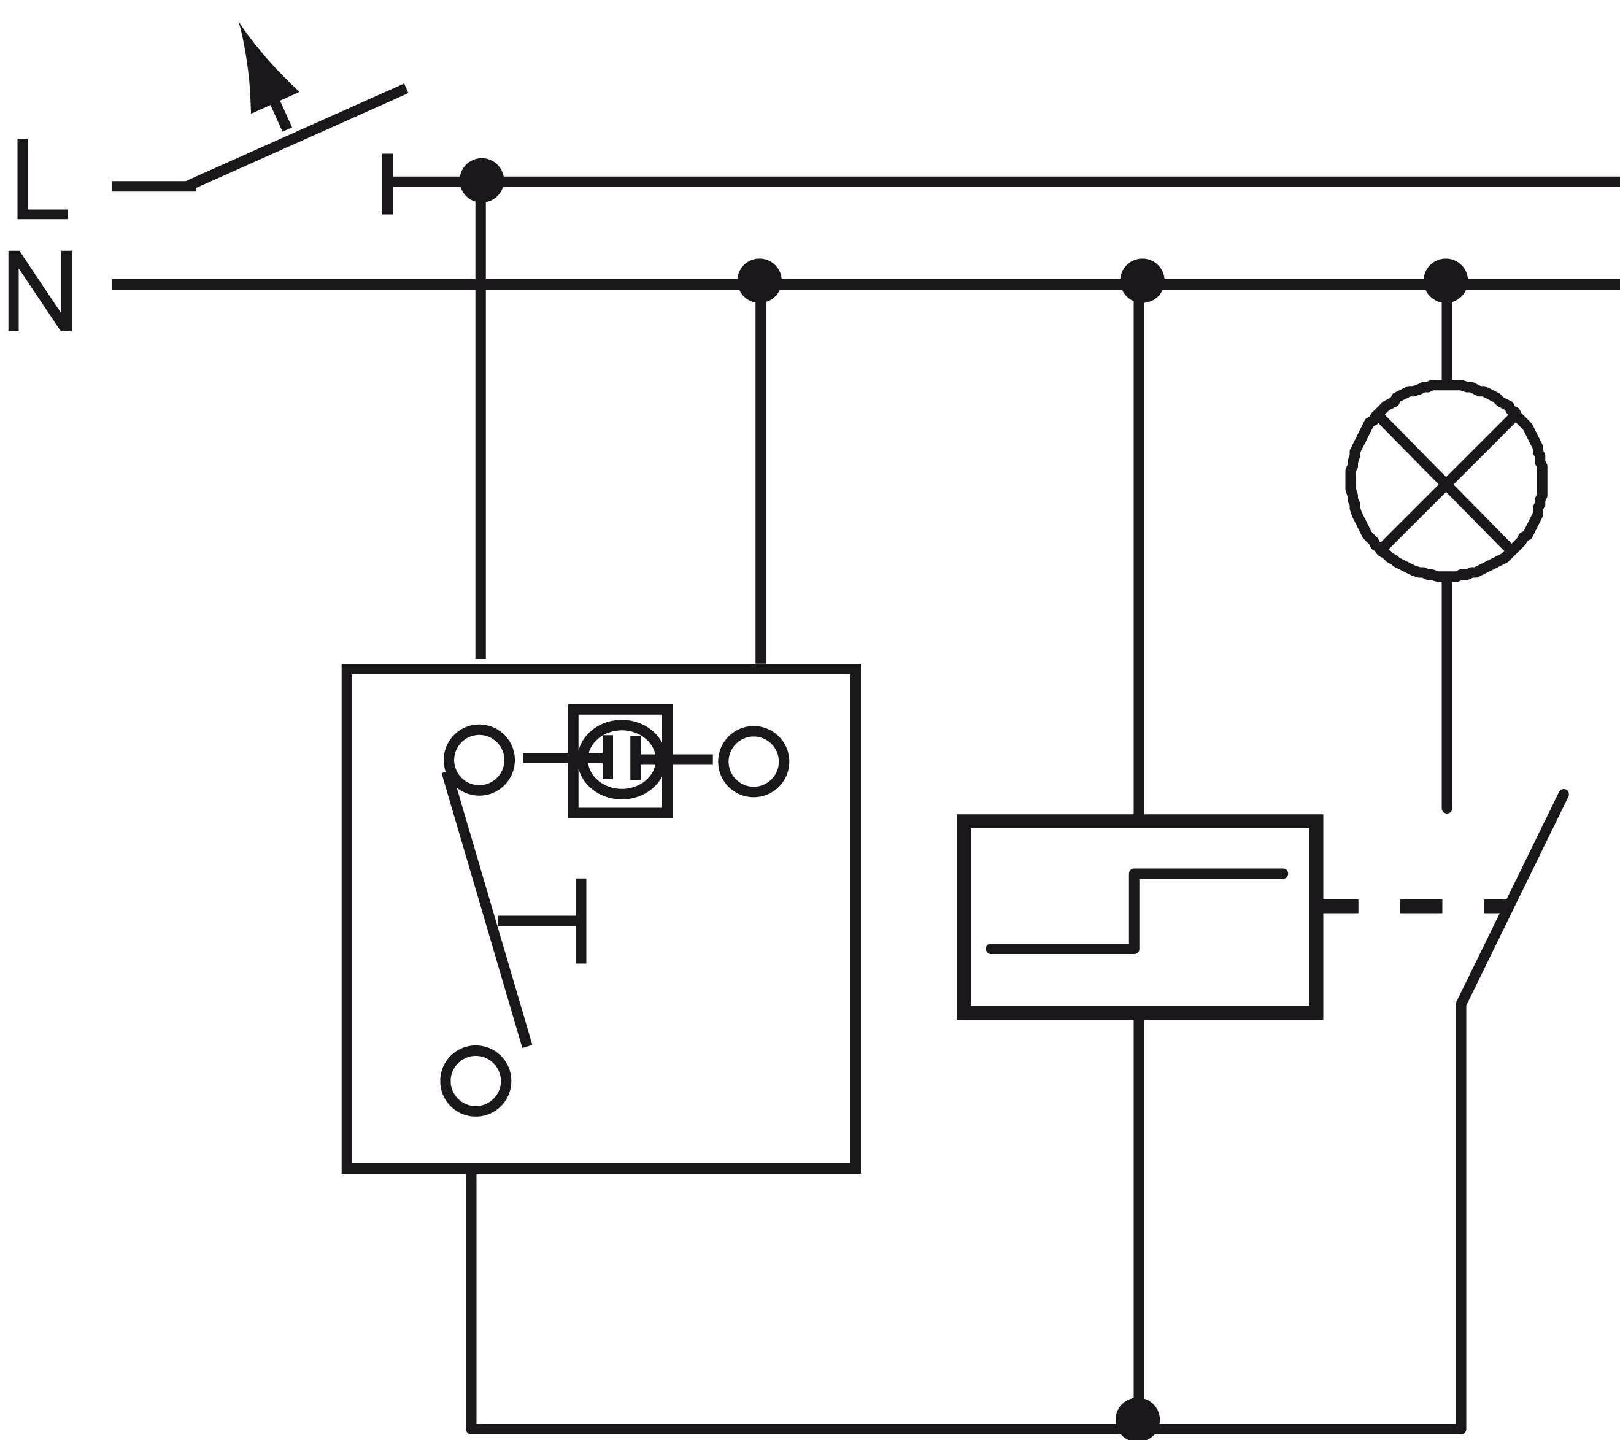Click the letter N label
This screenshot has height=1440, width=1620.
40,290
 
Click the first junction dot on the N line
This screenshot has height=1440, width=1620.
759,280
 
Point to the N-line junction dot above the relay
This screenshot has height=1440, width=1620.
1141,280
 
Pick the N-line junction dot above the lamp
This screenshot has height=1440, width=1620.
1446,280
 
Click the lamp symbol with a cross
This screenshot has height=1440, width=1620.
1446,479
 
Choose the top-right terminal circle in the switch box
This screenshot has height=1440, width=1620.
754,761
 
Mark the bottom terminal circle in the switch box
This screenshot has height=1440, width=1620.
476,1081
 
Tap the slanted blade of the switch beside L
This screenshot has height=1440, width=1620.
297,136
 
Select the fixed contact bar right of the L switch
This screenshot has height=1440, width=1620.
388,184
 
